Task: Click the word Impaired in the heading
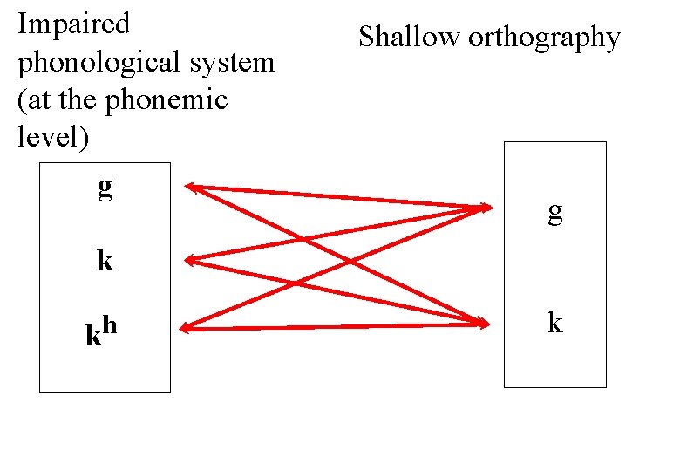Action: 73,24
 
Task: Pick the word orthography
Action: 544,38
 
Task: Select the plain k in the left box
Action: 105,260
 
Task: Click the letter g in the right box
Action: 554,212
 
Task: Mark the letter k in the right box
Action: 554,324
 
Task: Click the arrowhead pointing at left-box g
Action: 192,186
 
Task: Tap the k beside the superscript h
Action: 93,335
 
